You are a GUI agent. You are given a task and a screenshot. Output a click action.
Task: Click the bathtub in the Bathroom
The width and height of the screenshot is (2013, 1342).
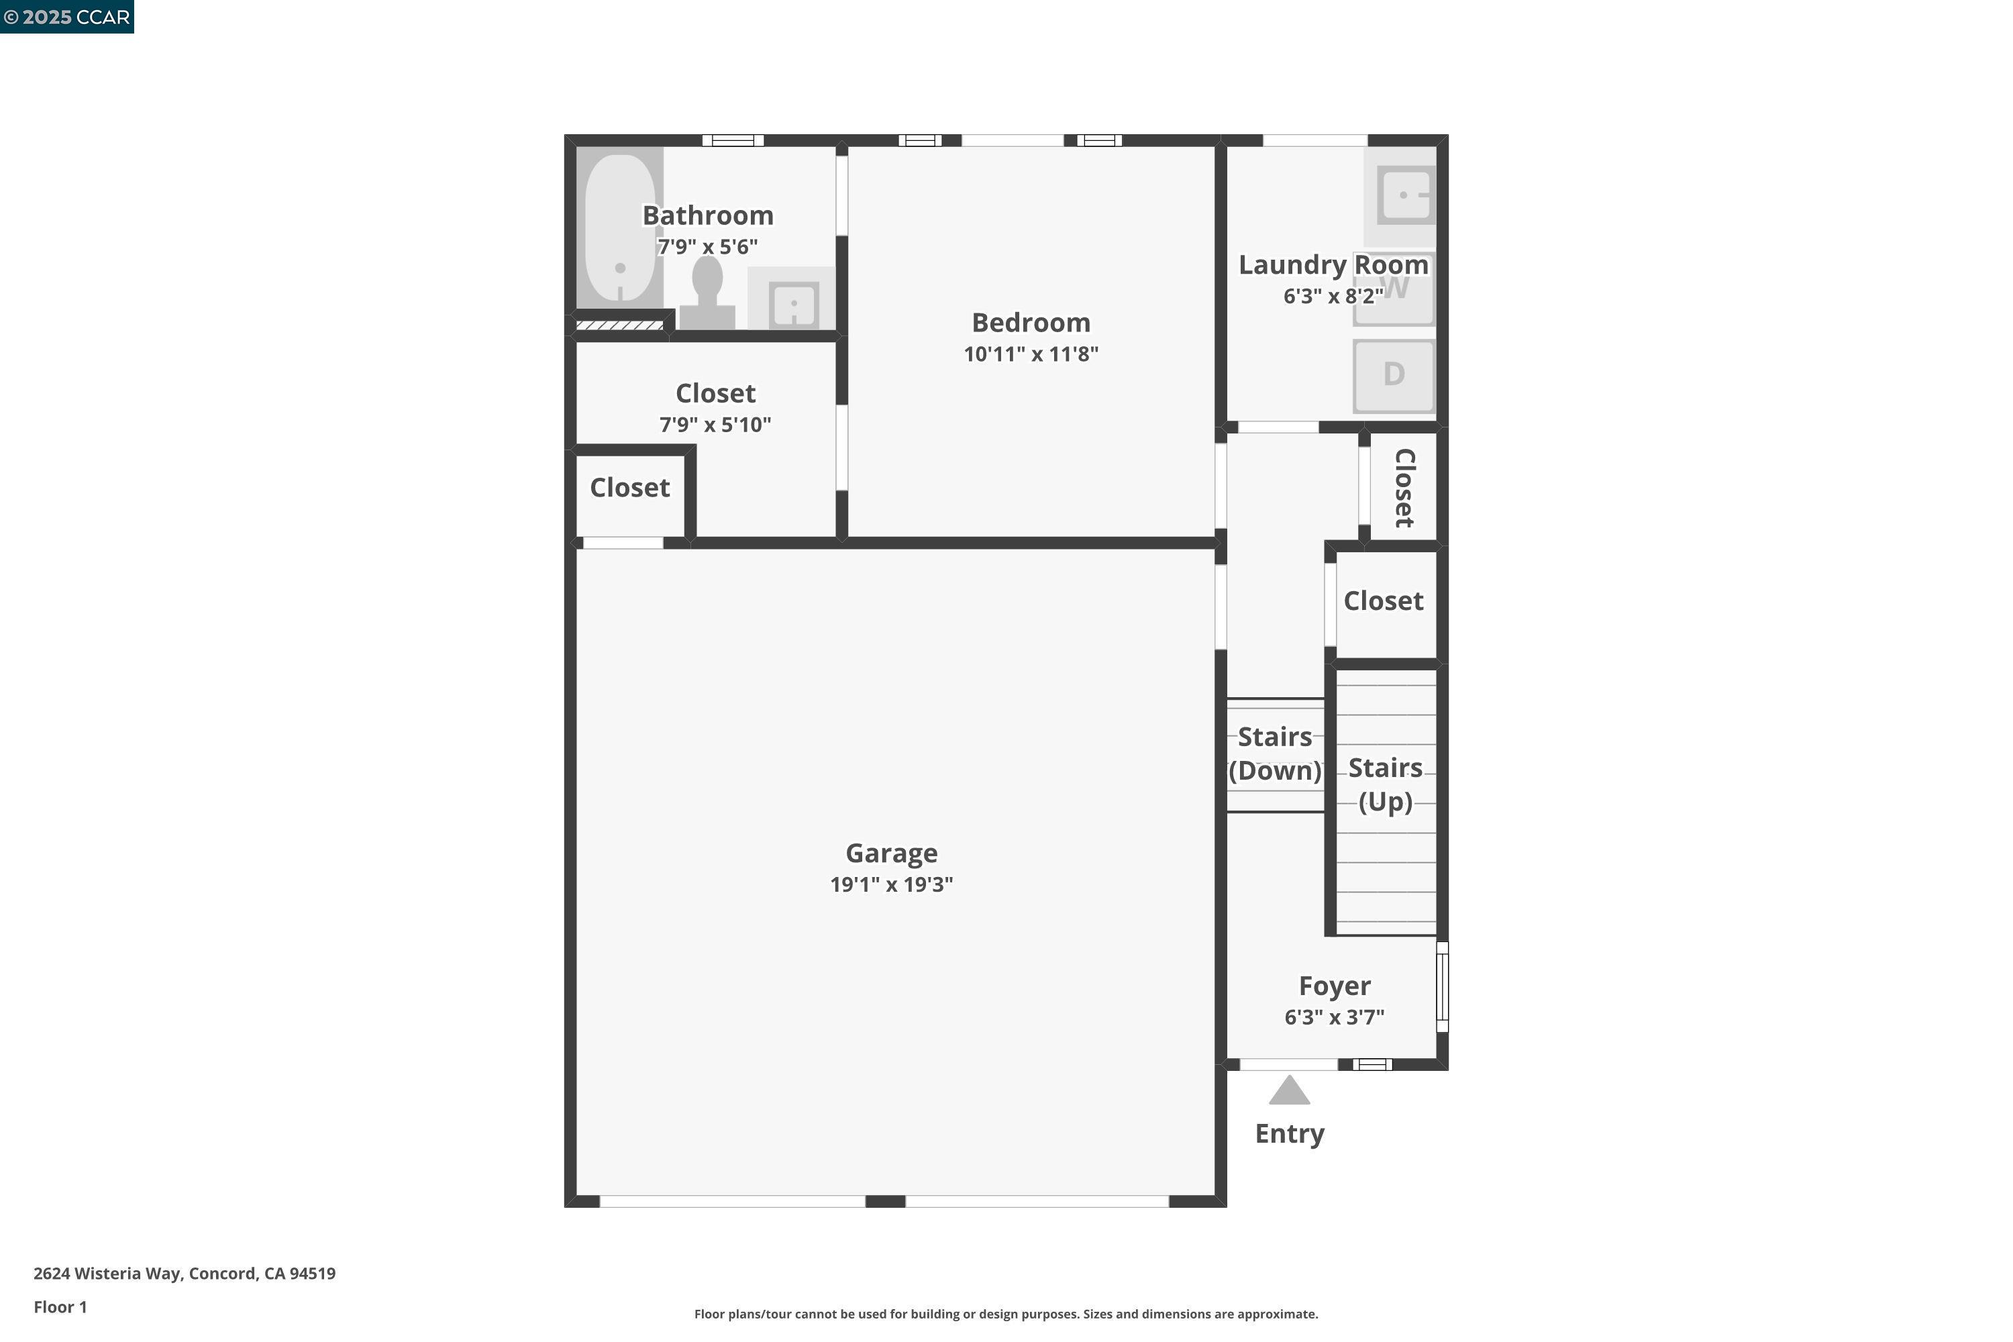tap(619, 227)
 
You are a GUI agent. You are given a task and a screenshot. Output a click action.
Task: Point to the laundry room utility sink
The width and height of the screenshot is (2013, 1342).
tap(1405, 195)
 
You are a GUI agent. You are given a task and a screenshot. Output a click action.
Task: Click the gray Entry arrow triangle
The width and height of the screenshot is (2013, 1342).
tap(1289, 1091)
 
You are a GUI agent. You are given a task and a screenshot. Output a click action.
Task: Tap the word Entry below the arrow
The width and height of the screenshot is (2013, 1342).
tap(1289, 1133)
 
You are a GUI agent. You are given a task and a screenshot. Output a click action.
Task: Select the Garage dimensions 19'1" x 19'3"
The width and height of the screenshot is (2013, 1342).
tap(891, 884)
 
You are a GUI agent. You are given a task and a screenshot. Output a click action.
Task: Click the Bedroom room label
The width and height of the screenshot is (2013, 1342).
tap(1031, 323)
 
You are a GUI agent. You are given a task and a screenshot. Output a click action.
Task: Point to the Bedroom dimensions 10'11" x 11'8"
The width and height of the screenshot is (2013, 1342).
tap(1031, 354)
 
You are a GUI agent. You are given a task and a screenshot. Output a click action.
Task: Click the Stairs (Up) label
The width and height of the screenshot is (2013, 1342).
tap(1385, 784)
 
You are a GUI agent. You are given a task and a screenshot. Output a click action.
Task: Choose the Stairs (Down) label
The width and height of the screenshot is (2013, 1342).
tap(1274, 753)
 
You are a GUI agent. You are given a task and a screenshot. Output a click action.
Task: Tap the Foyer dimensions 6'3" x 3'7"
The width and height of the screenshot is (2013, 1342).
tap(1333, 1017)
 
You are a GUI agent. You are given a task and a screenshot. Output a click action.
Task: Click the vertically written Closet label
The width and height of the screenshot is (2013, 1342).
tap(1404, 488)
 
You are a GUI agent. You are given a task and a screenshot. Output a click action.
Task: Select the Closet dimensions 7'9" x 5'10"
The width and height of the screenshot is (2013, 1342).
tap(715, 425)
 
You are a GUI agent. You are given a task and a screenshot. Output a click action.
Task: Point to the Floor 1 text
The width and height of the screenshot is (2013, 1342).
tap(60, 1307)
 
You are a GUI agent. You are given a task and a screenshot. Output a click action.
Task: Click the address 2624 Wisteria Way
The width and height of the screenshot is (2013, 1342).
tap(184, 1274)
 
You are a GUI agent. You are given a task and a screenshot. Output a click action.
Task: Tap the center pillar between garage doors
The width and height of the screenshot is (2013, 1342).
tap(885, 1202)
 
